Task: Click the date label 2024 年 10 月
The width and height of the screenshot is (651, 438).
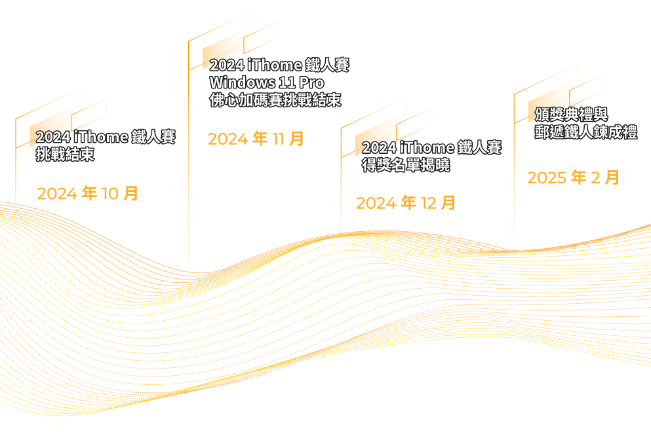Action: (x=87, y=194)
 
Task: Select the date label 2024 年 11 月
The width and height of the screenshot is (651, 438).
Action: (x=256, y=139)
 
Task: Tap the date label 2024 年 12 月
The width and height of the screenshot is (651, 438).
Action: (x=405, y=203)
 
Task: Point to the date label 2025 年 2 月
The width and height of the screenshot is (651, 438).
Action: (x=573, y=177)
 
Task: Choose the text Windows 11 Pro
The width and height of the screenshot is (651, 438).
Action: (x=266, y=83)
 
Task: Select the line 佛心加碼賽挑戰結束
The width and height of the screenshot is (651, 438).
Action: (x=275, y=100)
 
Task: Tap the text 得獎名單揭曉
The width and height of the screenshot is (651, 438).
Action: (x=406, y=165)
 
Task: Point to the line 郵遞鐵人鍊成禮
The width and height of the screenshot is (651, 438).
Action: (x=585, y=132)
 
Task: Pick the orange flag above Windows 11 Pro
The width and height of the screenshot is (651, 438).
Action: (x=225, y=47)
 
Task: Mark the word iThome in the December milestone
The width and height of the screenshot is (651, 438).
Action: (x=426, y=148)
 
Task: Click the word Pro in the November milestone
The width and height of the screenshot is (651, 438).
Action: (x=311, y=83)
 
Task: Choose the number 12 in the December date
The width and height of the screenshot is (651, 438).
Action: (x=428, y=203)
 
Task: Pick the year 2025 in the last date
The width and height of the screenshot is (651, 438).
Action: (x=547, y=177)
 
